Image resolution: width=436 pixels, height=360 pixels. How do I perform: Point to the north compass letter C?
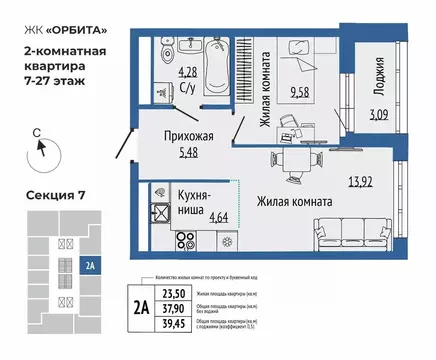(x=35, y=132)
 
